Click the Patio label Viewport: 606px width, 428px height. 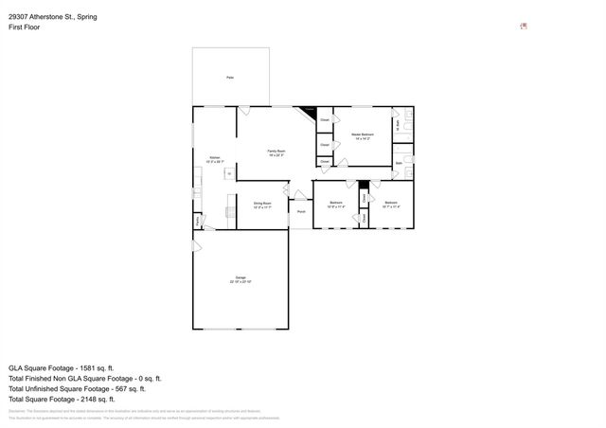(x=229, y=77)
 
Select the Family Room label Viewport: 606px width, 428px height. (x=276, y=152)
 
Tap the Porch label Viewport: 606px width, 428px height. (x=301, y=212)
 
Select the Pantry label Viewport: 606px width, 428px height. (x=198, y=222)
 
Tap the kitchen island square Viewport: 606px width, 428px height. (x=227, y=173)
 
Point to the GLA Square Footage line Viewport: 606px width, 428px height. (x=61, y=367)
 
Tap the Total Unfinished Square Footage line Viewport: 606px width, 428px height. (x=77, y=388)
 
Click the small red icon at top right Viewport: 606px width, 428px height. (x=525, y=27)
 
